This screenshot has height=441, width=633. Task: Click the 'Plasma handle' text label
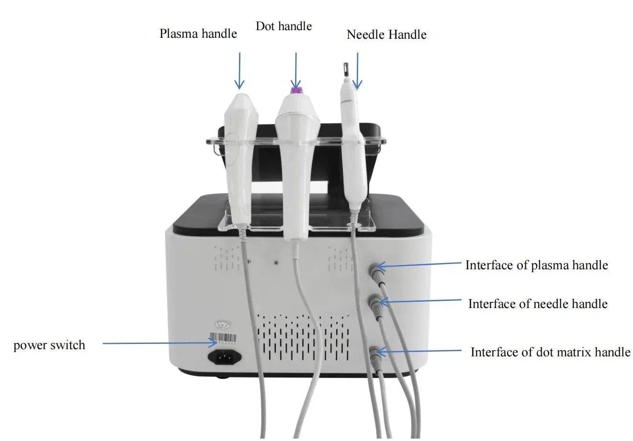click(x=198, y=33)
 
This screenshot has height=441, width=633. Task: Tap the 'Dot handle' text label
click(x=283, y=26)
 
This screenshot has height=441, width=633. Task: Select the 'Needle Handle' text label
click(x=386, y=34)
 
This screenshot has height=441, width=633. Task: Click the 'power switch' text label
click(x=49, y=345)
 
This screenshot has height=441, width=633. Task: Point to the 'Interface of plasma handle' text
click(x=536, y=265)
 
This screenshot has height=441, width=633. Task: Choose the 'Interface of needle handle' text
click(x=538, y=304)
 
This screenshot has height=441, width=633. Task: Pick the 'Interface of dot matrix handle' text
click(x=550, y=352)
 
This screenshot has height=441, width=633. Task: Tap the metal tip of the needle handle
click(x=343, y=69)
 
